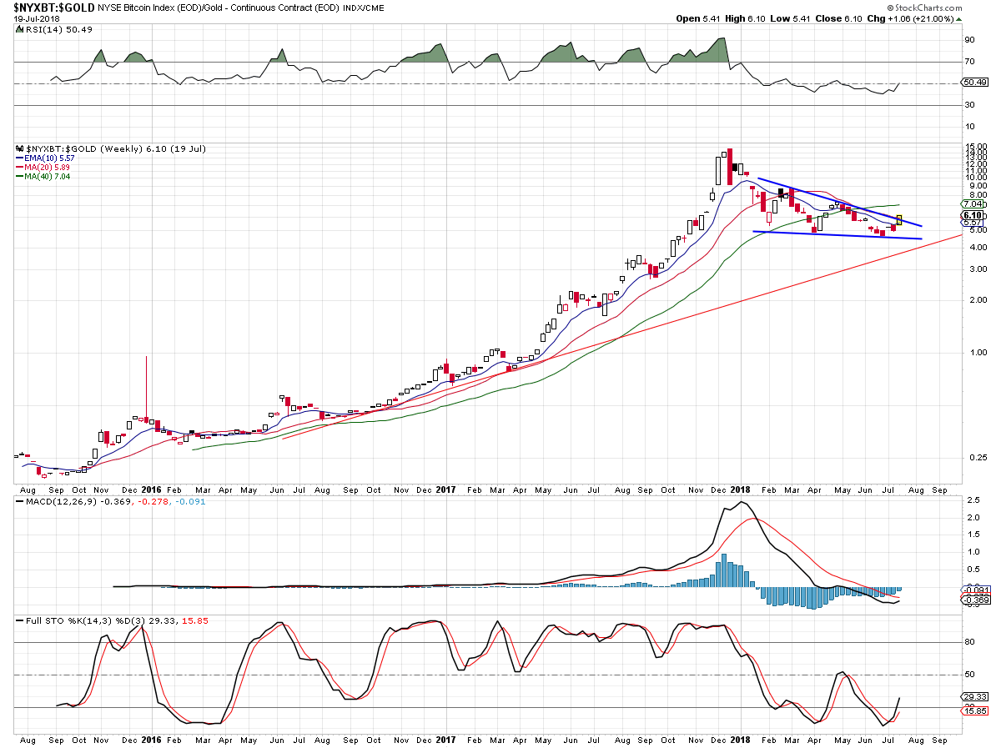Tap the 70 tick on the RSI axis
(970, 62)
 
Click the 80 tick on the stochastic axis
(970, 643)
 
